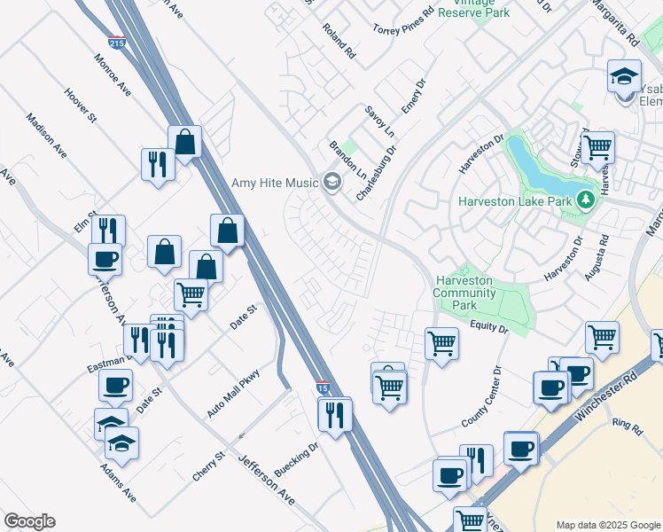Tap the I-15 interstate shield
tap(324, 387)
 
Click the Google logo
tap(29, 521)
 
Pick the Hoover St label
tap(80, 104)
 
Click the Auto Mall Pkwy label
tap(233, 394)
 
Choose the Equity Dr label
tap(490, 328)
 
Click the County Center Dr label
tap(483, 396)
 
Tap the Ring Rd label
tap(627, 426)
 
